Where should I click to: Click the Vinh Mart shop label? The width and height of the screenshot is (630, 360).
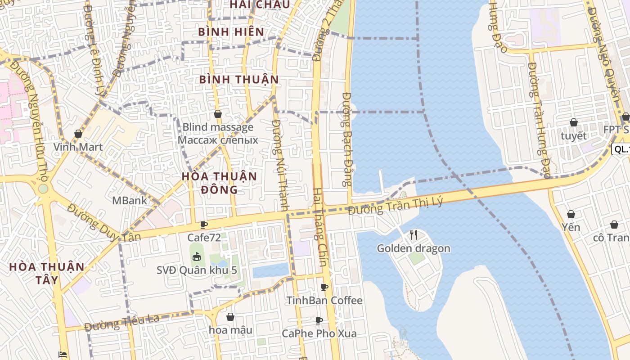[x=78, y=147]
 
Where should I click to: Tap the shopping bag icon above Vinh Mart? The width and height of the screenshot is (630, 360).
[x=78, y=134]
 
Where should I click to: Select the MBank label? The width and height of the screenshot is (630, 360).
[x=130, y=200]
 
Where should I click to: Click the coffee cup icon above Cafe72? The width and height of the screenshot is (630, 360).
[x=204, y=224]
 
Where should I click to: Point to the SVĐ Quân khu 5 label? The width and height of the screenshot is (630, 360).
[x=197, y=270]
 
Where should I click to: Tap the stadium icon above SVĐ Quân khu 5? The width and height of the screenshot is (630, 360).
[x=196, y=257]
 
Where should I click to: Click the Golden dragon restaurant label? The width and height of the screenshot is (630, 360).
[x=413, y=248]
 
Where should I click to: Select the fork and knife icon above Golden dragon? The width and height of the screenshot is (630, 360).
[x=414, y=234]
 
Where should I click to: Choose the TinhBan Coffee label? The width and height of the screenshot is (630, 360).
[x=324, y=300]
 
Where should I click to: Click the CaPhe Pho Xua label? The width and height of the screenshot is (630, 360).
[x=319, y=333]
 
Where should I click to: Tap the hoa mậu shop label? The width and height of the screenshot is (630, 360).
[x=230, y=330]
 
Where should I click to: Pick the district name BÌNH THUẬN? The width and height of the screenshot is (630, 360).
[x=239, y=80]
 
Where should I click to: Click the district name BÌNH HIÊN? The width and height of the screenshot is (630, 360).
[x=231, y=32]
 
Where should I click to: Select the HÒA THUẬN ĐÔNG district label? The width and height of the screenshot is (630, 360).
[x=219, y=183]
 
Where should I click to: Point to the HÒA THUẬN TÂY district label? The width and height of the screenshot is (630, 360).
[x=47, y=273]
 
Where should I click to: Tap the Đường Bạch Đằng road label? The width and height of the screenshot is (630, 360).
[x=347, y=139]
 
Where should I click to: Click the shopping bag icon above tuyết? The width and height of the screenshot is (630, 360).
[x=574, y=122]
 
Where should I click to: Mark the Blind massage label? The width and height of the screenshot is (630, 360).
[x=218, y=127]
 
